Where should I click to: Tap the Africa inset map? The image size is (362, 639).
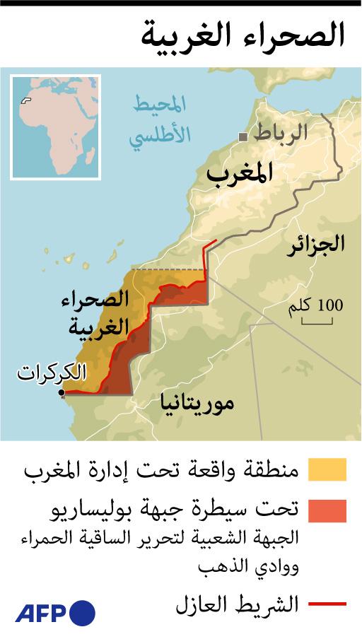point(55,127)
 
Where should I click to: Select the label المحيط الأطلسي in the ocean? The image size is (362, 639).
point(161,121)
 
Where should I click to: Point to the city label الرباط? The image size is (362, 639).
point(281,133)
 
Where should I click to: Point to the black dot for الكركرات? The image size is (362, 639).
point(62,392)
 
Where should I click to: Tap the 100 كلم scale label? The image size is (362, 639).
point(316,306)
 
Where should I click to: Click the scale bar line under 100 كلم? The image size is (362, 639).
point(317,323)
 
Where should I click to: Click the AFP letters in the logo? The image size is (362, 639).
point(41,612)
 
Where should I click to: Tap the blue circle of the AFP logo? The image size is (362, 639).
point(83,612)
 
